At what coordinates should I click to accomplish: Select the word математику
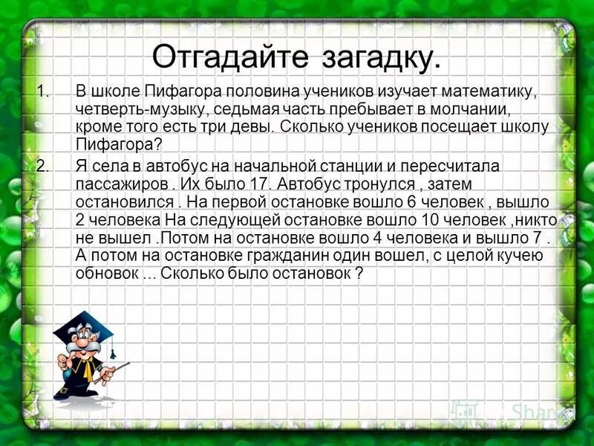[486, 92]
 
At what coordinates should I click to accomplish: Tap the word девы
[251, 126]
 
